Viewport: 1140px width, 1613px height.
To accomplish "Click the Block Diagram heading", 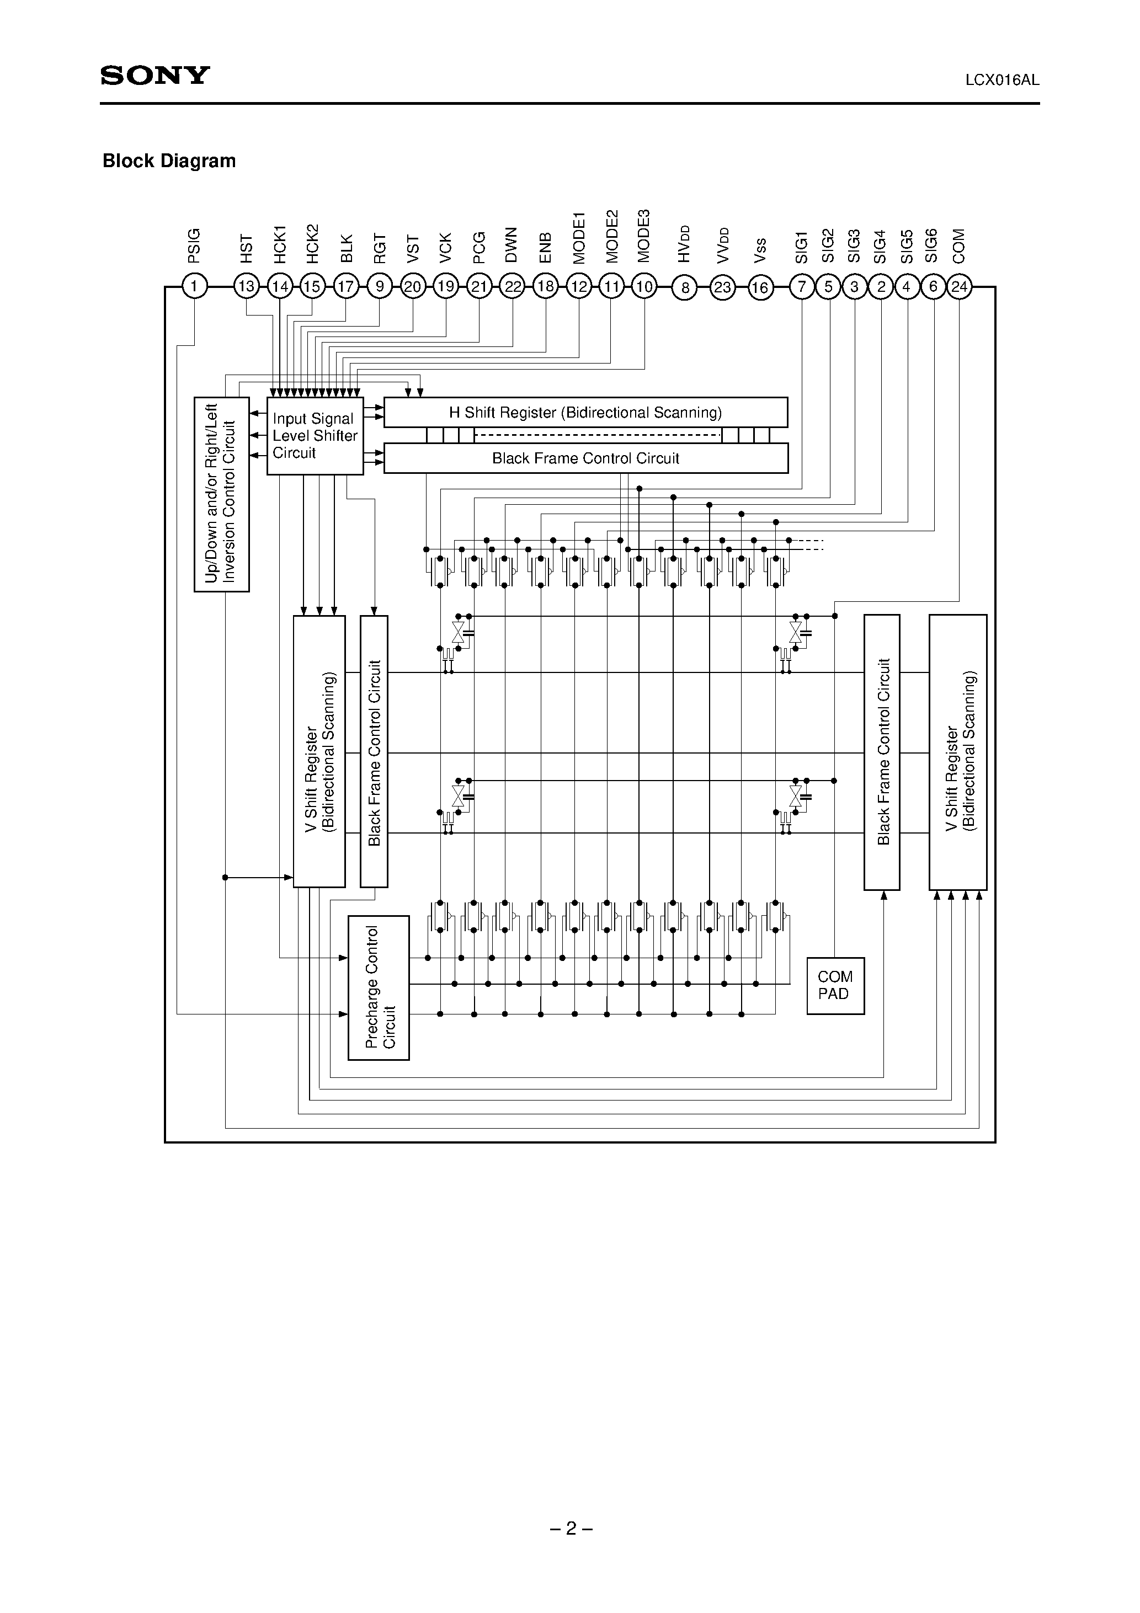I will (169, 161).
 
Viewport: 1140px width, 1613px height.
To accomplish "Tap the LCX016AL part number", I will (1002, 80).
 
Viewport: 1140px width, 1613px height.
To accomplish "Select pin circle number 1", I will (195, 287).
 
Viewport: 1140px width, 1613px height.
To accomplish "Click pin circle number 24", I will (960, 287).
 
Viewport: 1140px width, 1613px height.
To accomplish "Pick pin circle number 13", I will (247, 287).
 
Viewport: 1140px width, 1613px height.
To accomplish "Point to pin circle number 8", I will (685, 287).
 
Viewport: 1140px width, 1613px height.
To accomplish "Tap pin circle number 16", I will (760, 287).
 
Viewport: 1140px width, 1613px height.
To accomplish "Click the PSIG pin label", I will (195, 245).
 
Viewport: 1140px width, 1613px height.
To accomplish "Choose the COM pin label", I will (960, 246).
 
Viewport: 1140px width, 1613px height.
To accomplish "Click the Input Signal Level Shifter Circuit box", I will (315, 436).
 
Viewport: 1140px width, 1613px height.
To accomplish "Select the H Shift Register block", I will (585, 413).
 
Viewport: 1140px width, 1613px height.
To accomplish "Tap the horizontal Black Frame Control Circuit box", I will (585, 458).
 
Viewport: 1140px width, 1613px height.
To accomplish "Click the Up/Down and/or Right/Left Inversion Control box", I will (221, 494).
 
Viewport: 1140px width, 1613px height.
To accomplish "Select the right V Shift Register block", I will (958, 752).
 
